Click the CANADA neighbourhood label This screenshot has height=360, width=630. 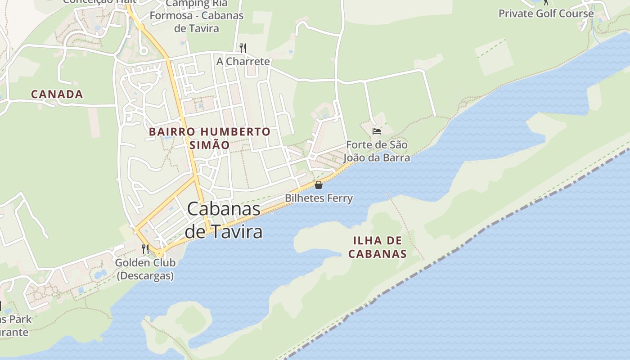pyautogui.click(x=57, y=94)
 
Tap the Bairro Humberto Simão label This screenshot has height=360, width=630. pyautogui.click(x=210, y=138)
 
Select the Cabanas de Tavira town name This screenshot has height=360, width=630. pyautogui.click(x=224, y=220)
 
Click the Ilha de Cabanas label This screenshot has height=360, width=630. pyautogui.click(x=377, y=247)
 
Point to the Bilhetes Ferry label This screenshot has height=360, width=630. pyautogui.click(x=319, y=198)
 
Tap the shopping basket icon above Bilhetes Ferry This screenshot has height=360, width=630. pyautogui.click(x=319, y=185)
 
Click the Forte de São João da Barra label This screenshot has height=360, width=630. pyautogui.click(x=377, y=151)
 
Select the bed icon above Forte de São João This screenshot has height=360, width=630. pyautogui.click(x=377, y=131)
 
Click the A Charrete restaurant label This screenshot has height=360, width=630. pyautogui.click(x=243, y=61)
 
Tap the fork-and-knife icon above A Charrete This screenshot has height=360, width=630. pyautogui.click(x=243, y=48)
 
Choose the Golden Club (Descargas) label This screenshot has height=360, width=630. pyautogui.click(x=145, y=269)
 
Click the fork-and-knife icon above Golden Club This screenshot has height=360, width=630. pyautogui.click(x=145, y=249)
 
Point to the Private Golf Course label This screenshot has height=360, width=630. pyautogui.click(x=546, y=13)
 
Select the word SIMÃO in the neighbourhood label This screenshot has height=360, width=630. pyautogui.click(x=210, y=145)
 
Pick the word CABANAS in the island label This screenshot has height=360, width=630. pyautogui.click(x=377, y=254)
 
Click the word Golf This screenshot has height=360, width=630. pyautogui.click(x=548, y=13)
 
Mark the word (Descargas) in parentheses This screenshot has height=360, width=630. pyautogui.click(x=145, y=275)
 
